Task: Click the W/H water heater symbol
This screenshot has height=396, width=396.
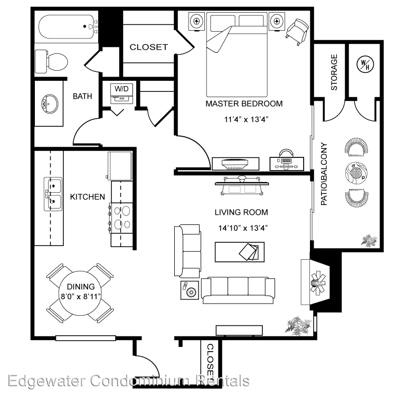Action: pos(365,64)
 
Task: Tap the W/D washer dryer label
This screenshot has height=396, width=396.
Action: pos(121,89)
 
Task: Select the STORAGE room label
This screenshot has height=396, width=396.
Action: pos(334,72)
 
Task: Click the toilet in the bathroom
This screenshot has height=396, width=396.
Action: pos(51,62)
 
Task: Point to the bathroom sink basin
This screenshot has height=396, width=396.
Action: pos(50,103)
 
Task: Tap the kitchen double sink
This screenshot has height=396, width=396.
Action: pos(53,194)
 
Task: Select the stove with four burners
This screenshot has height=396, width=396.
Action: pos(121,218)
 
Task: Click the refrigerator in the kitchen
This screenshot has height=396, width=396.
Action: pos(120,166)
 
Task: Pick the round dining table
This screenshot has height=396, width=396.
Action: pos(80,293)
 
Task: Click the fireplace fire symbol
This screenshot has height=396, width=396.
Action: pos(318,282)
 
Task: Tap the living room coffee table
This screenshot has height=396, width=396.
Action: pos(240,252)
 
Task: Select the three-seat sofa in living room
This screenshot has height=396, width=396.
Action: pos(238,290)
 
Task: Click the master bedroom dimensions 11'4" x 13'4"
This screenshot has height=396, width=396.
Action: pos(246,119)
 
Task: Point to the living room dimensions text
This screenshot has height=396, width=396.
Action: pos(243,228)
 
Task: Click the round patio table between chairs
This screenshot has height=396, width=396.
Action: pos(356,173)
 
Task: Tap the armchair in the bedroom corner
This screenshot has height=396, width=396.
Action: pos(297,32)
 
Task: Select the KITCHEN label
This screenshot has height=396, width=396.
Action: pos(87,197)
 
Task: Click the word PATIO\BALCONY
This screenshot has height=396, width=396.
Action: pos(324,174)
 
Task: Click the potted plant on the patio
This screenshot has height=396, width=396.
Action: pos(370,240)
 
